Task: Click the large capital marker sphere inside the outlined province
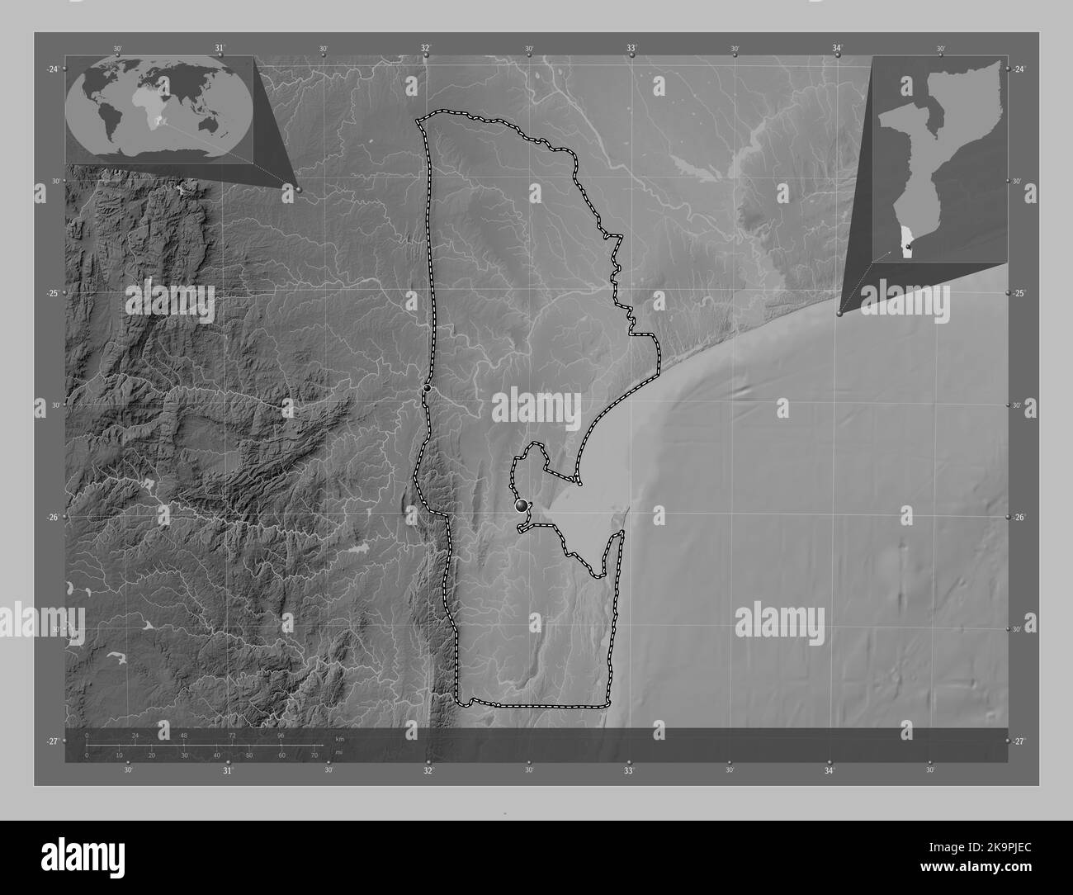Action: pyautogui.click(x=522, y=505)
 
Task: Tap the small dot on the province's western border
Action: pyautogui.click(x=427, y=387)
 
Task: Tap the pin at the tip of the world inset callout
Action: pyautogui.click(x=298, y=189)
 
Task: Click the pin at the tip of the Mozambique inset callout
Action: pyautogui.click(x=840, y=313)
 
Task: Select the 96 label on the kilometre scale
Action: pyautogui.click(x=281, y=735)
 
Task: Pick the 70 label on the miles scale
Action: pyautogui.click(x=314, y=755)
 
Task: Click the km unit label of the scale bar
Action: pyautogui.click(x=338, y=738)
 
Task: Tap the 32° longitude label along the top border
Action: pyautogui.click(x=426, y=49)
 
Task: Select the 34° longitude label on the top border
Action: pyautogui.click(x=837, y=49)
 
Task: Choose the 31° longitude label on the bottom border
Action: pyautogui.click(x=227, y=771)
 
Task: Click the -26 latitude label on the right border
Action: pyautogui.click(x=1020, y=517)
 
